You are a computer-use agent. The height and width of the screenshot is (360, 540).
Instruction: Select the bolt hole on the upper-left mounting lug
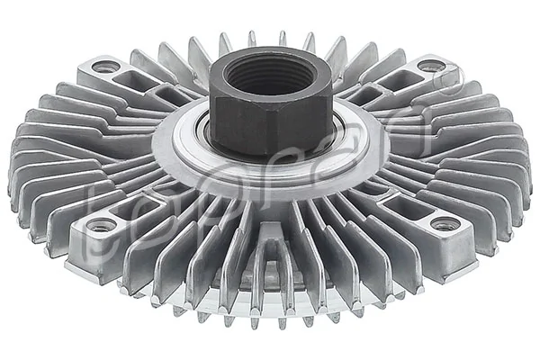[106, 67]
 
